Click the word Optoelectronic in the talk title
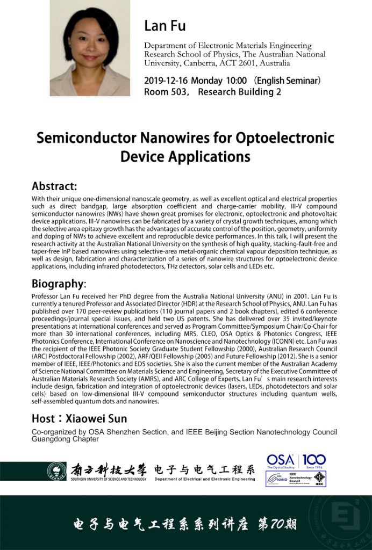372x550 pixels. (x=286, y=138)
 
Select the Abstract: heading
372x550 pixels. (x=54, y=187)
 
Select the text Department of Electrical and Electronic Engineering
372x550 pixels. (x=205, y=479)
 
